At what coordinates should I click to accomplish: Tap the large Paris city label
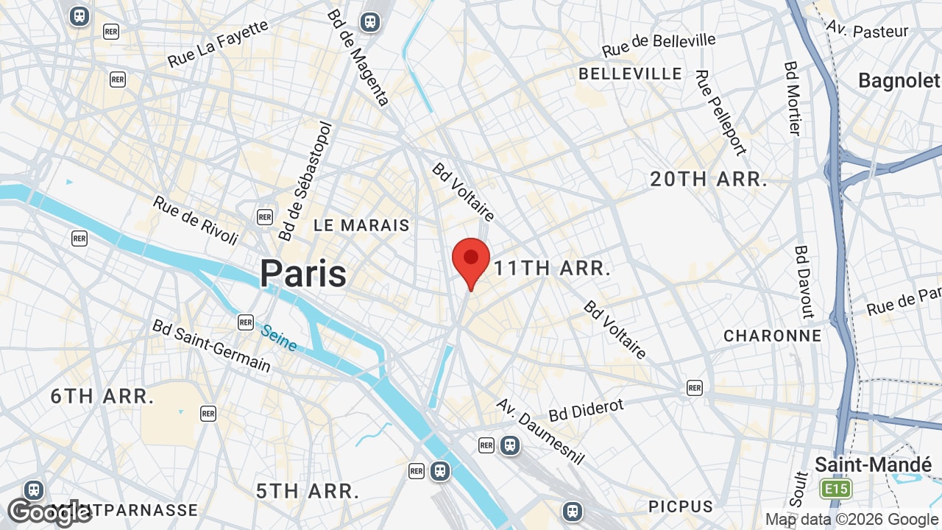pos(302,274)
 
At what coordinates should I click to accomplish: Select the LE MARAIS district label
pos(361,225)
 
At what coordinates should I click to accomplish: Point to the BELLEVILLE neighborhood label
pos(631,74)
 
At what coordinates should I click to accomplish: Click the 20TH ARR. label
pos(709,179)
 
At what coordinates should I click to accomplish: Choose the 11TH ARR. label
pos(552,268)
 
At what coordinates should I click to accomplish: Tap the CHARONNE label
pos(772,336)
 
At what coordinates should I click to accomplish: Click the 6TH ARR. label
pos(102,396)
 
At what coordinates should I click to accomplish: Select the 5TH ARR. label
pos(308,491)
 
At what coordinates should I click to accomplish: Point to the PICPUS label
pos(681,506)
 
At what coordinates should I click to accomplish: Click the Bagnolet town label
pos(899,80)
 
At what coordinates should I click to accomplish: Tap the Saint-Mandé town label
pos(873,464)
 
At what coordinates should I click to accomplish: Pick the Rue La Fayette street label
pos(218,44)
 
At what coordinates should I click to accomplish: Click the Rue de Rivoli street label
pos(196,220)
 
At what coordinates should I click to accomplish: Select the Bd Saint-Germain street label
pos(211,345)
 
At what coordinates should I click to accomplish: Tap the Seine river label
pos(280,338)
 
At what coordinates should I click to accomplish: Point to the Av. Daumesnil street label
pos(540,431)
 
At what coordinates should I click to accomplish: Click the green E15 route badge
pos(837,489)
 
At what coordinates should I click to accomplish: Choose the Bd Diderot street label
pos(586,409)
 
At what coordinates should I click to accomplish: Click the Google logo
pos(49,512)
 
